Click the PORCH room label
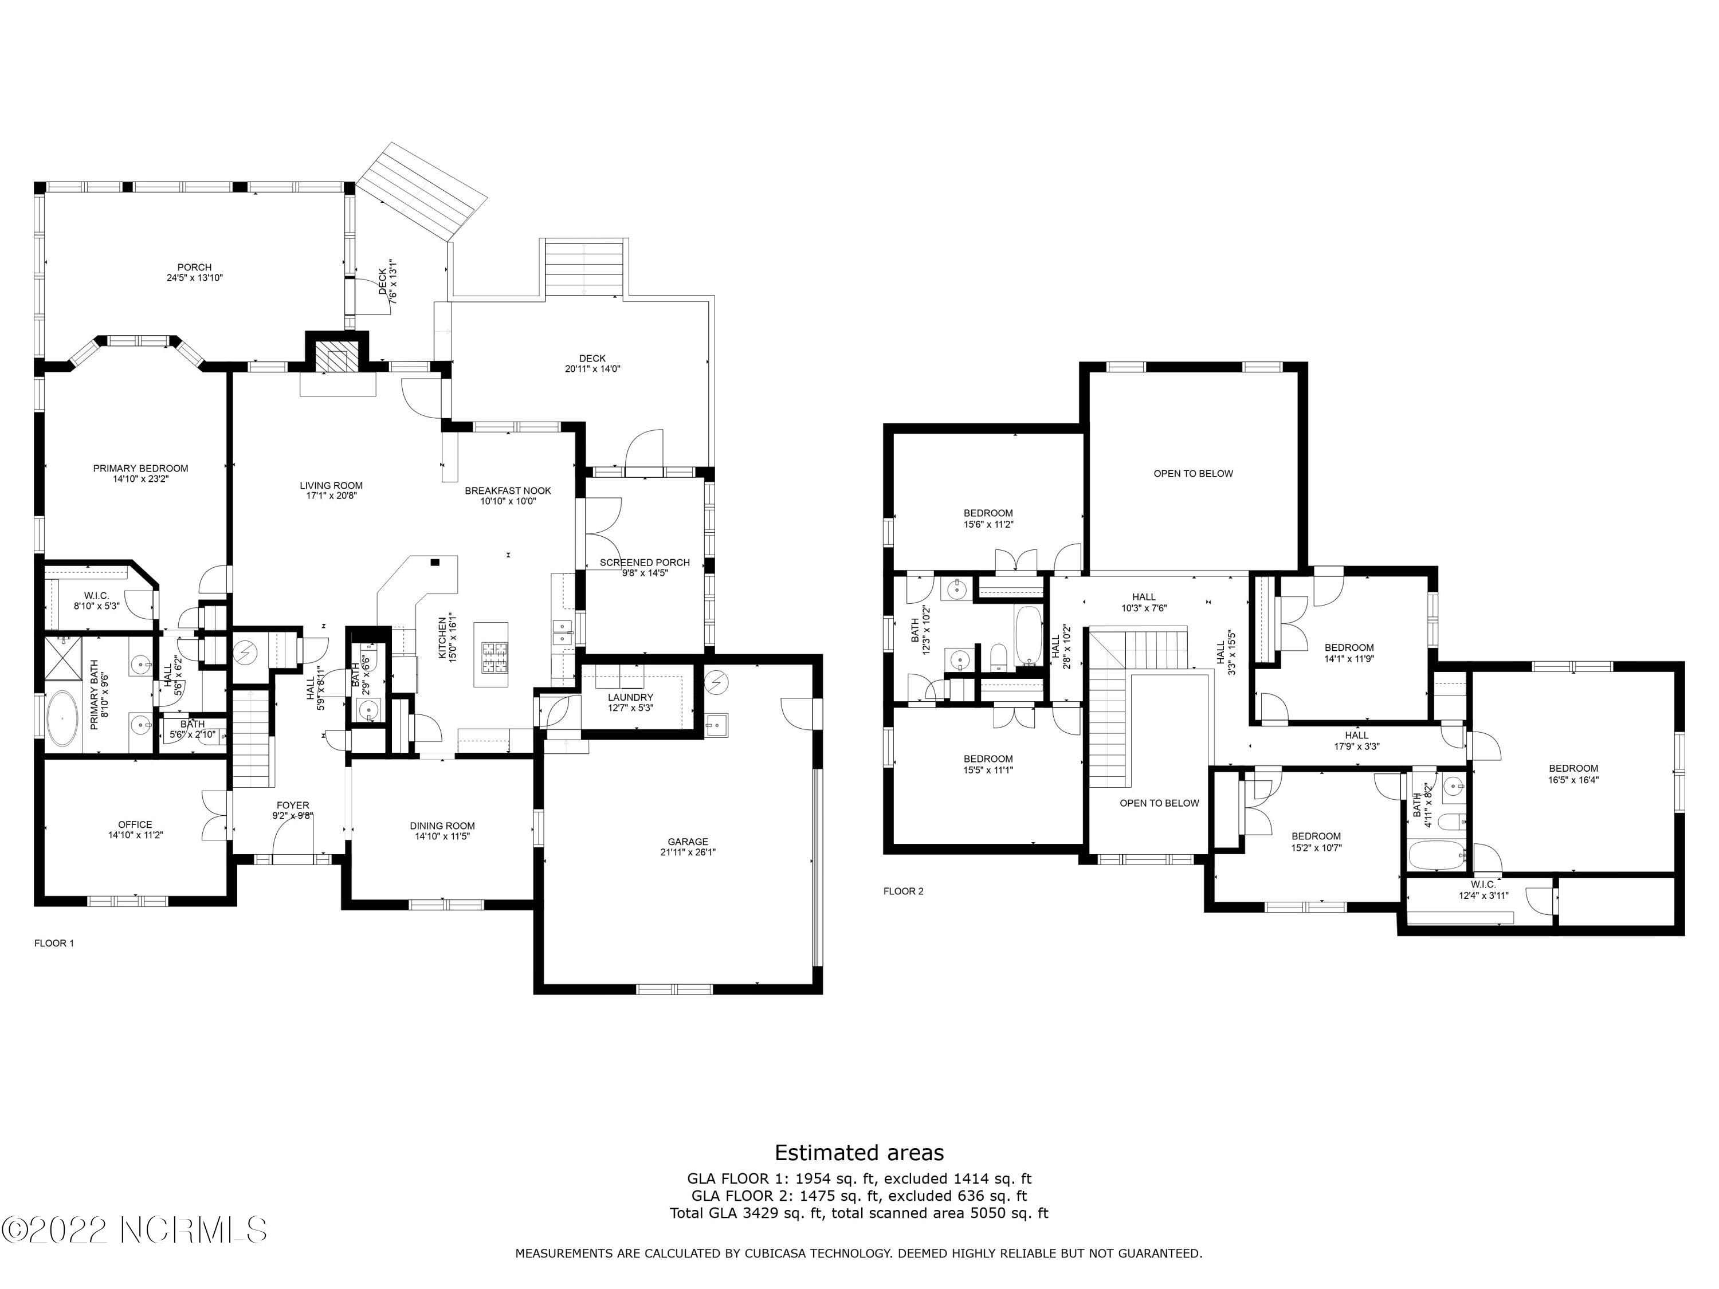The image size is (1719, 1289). [x=194, y=268]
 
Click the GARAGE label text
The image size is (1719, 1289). [x=688, y=842]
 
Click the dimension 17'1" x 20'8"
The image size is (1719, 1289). [x=331, y=496]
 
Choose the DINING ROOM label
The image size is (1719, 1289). [x=442, y=826]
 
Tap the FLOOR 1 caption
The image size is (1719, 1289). [x=54, y=943]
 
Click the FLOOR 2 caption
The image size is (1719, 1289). [x=904, y=891]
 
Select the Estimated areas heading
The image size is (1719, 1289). [x=859, y=1152]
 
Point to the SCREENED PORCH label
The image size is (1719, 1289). [x=644, y=563]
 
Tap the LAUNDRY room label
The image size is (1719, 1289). [x=630, y=698]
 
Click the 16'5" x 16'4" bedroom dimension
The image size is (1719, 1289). [x=1573, y=779]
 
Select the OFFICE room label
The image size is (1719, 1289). [x=135, y=824]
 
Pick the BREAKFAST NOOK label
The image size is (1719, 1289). [x=508, y=490]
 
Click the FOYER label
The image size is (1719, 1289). [x=293, y=805]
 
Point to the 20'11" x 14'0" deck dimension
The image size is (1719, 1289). [x=592, y=369]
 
